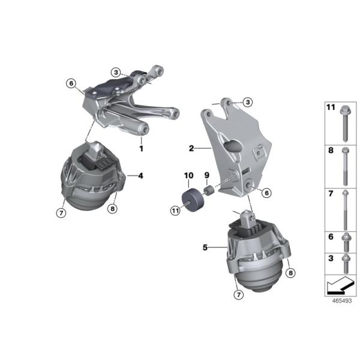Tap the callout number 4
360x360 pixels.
pyautogui.click(x=140, y=176)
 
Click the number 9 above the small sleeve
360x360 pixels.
pyautogui.click(x=206, y=176)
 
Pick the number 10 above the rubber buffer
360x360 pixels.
pyautogui.click(x=188, y=176)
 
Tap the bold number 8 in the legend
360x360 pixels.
pyautogui.click(x=330, y=152)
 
